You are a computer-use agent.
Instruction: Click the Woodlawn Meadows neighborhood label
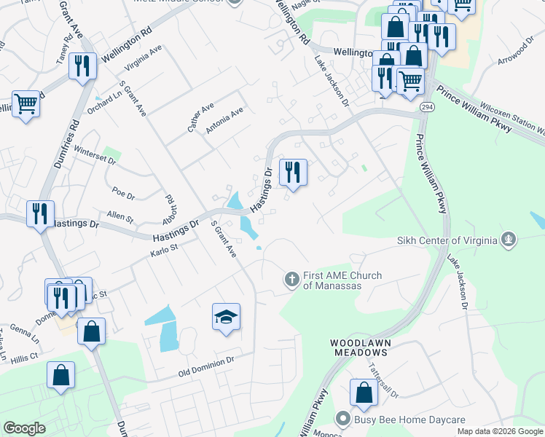pos(361,347)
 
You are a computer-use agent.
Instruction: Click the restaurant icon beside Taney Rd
pos(82,67)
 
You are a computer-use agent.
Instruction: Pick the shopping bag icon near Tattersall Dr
pos(364,393)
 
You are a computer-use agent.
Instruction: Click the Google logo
pos(25,428)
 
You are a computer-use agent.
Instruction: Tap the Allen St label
pos(120,218)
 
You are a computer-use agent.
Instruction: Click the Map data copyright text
pos(500,431)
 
